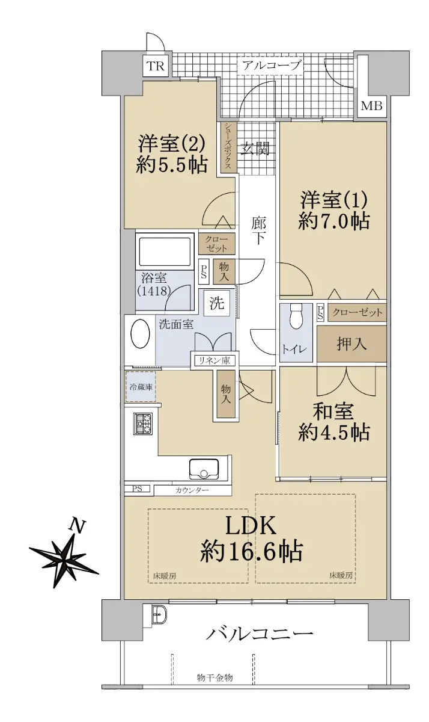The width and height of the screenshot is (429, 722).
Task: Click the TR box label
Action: tap(156, 66)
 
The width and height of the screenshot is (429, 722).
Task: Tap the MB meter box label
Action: tap(371, 106)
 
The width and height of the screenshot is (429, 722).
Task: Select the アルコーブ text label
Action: tap(272, 66)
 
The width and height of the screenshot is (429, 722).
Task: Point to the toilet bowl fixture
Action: tap(296, 316)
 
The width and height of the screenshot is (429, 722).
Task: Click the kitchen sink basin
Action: tap(204, 468)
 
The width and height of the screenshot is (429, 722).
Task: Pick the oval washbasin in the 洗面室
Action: tap(140, 333)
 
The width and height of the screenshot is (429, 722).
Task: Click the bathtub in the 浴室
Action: tap(165, 252)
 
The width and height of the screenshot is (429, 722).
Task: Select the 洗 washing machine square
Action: tap(217, 303)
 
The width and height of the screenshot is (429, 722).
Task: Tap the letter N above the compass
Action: tap(78, 526)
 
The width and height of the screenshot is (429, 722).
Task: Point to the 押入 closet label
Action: tap(351, 344)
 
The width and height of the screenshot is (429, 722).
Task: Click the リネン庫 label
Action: tap(214, 360)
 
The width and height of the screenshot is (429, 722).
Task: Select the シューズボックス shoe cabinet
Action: tap(228, 147)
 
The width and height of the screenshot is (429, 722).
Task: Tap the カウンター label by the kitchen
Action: tap(192, 491)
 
